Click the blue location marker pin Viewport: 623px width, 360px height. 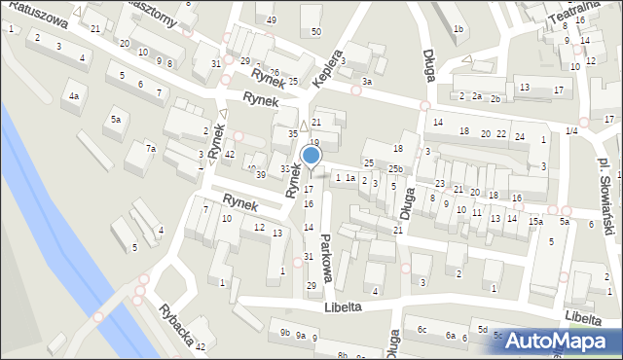click(x=311, y=156)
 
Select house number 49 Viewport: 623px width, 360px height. click(x=271, y=20)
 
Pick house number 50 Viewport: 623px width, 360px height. click(x=315, y=32)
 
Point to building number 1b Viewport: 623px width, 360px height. click(x=458, y=29)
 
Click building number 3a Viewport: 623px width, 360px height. click(x=366, y=82)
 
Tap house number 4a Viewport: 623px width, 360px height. click(x=73, y=96)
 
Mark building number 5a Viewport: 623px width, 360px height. click(x=115, y=120)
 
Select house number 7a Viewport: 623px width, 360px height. click(x=150, y=148)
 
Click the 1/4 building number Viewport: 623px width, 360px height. click(x=571, y=130)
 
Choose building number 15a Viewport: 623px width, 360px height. click(x=535, y=222)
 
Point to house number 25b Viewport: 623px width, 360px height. click(x=394, y=169)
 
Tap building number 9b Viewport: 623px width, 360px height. click(x=284, y=333)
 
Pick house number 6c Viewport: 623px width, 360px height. click(x=421, y=330)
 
